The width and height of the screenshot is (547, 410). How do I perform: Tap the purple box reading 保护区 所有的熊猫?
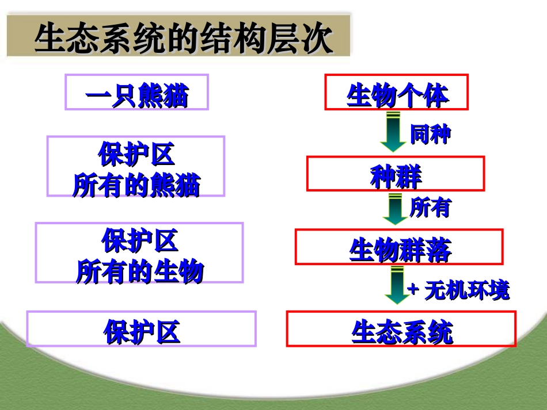pyautogui.click(x=135, y=166)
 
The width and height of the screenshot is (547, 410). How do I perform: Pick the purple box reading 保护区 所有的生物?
pyautogui.click(x=139, y=252)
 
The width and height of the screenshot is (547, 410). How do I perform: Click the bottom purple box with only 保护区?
pyautogui.click(x=141, y=329)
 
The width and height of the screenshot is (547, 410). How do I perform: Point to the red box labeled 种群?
pyautogui.click(x=395, y=173)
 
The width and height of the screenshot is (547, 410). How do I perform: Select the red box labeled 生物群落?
pyautogui.click(x=399, y=247)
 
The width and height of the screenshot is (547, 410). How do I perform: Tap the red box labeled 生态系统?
pyautogui.click(x=401, y=329)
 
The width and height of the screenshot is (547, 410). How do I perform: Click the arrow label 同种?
pyautogui.click(x=430, y=134)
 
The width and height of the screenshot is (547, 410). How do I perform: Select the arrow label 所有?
pyautogui.click(x=430, y=208)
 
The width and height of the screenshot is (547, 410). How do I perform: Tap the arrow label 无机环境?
pyautogui.click(x=467, y=290)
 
